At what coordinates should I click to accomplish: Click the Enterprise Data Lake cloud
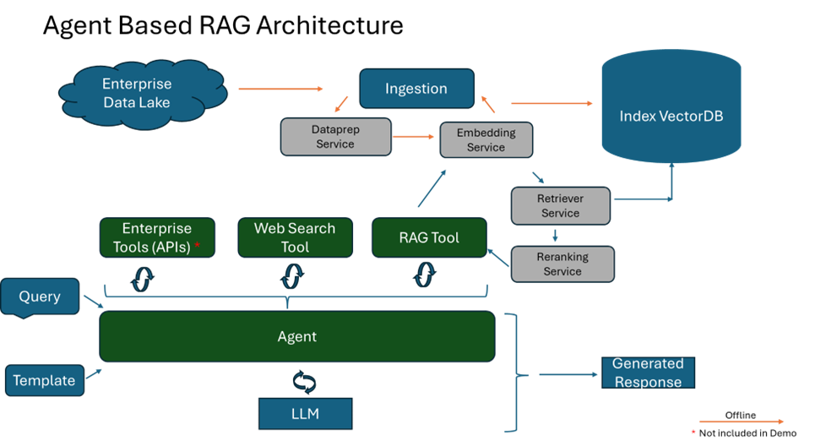tap(137, 94)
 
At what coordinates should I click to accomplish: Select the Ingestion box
tap(416, 89)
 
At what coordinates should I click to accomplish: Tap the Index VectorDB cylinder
tap(671, 115)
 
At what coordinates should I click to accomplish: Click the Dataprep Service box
tap(335, 137)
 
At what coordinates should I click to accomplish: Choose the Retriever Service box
tap(560, 206)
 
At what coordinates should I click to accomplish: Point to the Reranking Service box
tap(562, 264)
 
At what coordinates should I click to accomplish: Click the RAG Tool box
tap(429, 237)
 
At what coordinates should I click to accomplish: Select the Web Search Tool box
tap(295, 237)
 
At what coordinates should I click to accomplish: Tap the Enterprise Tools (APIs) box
tap(157, 237)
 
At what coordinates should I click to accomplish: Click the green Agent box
tap(297, 336)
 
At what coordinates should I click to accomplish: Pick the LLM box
tap(304, 414)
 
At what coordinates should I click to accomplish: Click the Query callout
tap(40, 296)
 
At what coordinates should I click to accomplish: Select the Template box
tap(44, 380)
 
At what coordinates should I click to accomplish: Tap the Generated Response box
tap(648, 373)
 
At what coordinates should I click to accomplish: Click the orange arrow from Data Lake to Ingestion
tap(280, 88)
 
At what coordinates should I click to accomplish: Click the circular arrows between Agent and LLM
tap(304, 381)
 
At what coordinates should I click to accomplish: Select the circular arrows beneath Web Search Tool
tap(293, 276)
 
